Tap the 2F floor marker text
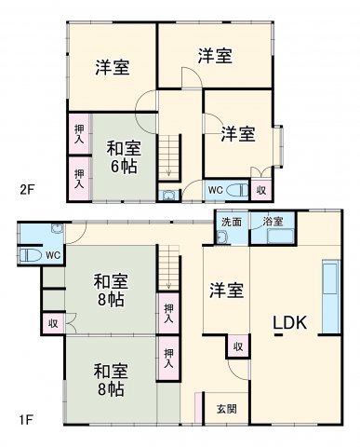(x=29, y=190)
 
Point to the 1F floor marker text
(x=29, y=418)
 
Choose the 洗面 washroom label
(x=232, y=222)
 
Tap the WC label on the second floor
(x=215, y=190)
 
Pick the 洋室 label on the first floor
(x=226, y=290)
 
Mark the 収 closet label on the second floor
(x=261, y=190)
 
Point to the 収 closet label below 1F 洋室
(x=238, y=346)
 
